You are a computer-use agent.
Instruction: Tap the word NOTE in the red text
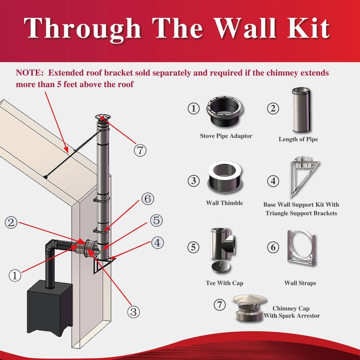30,73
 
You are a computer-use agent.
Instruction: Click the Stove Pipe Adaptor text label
226,136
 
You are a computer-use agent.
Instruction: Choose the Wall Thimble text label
224,203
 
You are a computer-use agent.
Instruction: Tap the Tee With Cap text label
224,283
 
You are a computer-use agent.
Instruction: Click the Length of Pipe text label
298,139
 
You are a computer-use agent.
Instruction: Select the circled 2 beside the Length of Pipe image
272,108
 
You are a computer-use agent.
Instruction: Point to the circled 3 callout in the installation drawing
133,312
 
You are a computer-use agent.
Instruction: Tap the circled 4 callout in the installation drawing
157,243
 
